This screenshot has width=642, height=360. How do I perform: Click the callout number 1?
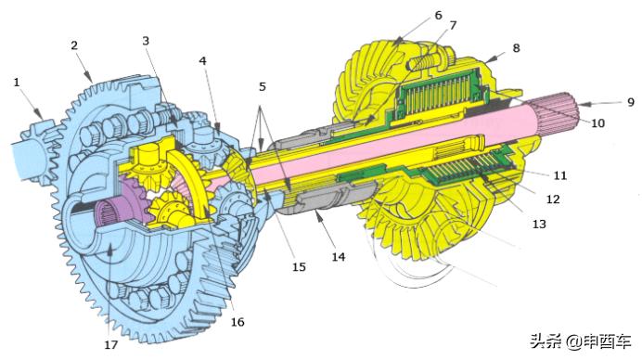pos(17,83)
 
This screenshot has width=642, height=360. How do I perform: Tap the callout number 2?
pos(74,45)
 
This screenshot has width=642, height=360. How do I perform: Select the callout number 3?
pos(146,41)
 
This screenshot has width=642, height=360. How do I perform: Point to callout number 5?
pos(263,86)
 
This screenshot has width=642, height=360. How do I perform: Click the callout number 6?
pos(439,15)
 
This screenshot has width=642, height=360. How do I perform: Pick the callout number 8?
pos(517,48)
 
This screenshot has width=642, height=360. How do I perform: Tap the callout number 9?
pos(631,102)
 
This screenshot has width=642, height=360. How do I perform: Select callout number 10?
pos(597,122)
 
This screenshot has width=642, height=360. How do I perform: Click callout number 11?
pos(560,175)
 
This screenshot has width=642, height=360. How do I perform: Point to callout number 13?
pos(539,224)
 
